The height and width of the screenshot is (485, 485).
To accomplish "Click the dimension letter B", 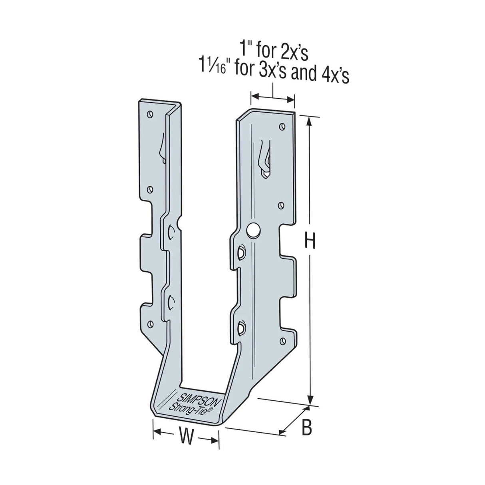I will click(306, 428).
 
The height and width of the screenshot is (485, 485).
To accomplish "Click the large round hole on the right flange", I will click(252, 230).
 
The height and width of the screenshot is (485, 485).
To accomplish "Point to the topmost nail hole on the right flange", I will click(282, 127).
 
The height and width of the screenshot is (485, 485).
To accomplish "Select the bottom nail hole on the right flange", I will click(283, 340).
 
